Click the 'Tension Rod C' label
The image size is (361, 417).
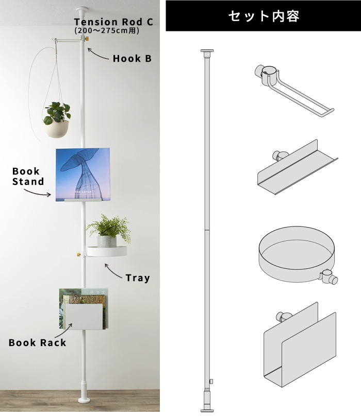pos(113,22)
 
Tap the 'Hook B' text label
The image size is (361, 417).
pos(132,59)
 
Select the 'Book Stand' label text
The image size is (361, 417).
pos(28,176)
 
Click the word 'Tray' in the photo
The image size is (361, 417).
pos(138,278)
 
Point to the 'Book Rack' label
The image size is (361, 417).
pos(37,343)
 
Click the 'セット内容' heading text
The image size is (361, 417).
pos(264,16)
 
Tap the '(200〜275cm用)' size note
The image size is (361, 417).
pos(107,30)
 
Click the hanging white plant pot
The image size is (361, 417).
pos(57,129)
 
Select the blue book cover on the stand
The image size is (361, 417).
pos(83,174)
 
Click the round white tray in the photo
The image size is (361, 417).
pos(107,251)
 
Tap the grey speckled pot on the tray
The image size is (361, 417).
pos(107,241)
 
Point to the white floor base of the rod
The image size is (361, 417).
pos(84,400)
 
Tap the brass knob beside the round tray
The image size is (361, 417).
pos(79,254)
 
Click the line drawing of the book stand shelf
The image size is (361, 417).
pos(298,167)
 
